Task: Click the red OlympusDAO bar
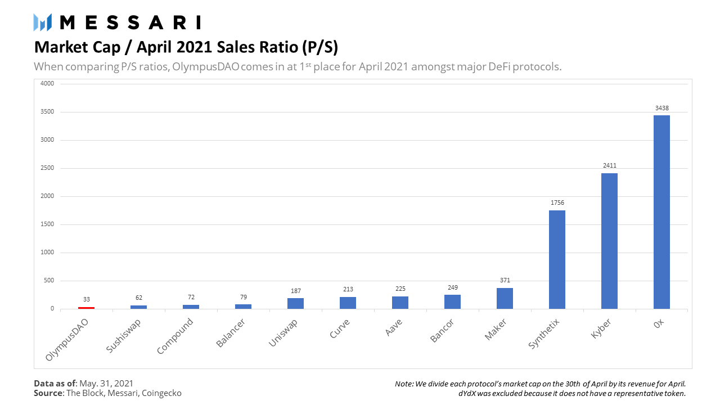(86, 308)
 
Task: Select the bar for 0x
(661, 212)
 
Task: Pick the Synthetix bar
(557, 259)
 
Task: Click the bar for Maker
(505, 298)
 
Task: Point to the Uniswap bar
(295, 303)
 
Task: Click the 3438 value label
(661, 108)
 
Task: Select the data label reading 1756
(557, 202)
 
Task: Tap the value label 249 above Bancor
(452, 287)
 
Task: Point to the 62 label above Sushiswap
(138, 298)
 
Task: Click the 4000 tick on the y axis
(47, 84)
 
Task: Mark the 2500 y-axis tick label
(47, 168)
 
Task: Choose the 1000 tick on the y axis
(47, 253)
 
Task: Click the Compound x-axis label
(175, 336)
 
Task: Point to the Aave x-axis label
(394, 328)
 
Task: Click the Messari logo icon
(43, 22)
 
